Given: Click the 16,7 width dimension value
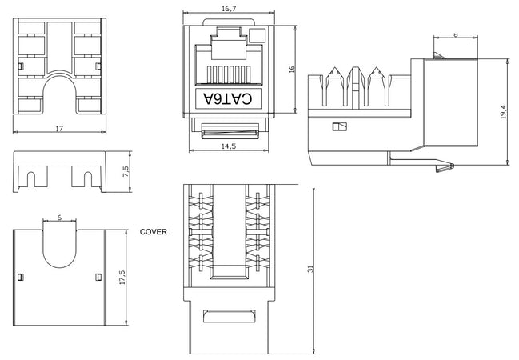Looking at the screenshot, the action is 229,9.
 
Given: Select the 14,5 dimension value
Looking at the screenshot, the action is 229,146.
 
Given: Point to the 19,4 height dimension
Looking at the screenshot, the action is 504,112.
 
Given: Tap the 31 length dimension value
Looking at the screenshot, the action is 310,270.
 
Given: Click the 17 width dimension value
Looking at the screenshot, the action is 59,129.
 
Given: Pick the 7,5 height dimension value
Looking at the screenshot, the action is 126,171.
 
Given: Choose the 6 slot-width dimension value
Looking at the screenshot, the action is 59,218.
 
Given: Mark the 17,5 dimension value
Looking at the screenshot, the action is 122,278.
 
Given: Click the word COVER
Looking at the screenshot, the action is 154,232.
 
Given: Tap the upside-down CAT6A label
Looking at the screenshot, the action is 228,98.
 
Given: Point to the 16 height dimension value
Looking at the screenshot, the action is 292,69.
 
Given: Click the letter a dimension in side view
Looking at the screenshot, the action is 456,34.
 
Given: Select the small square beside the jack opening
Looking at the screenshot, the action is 258,35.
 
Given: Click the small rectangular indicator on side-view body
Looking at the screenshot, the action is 340,127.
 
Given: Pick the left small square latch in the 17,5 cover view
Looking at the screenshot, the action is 20,277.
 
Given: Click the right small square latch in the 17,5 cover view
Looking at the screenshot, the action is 98,277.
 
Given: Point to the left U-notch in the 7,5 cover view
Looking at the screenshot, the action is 31,179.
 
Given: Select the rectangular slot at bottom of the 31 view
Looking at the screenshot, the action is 230,317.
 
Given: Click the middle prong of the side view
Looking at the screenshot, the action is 355,86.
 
